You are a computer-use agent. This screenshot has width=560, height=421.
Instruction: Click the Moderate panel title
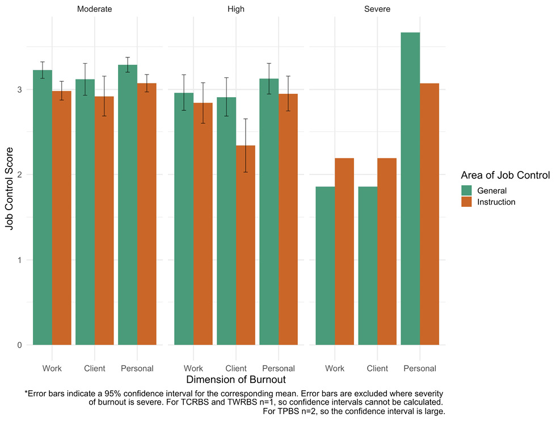click(95, 10)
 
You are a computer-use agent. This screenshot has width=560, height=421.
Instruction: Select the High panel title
click(235, 10)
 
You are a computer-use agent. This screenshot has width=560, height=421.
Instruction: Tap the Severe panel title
click(377, 10)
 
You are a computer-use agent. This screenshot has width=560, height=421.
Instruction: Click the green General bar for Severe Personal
click(410, 187)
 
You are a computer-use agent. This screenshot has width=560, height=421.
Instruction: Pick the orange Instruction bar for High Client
click(246, 244)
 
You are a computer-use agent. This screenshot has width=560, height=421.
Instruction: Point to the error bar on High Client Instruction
click(246, 145)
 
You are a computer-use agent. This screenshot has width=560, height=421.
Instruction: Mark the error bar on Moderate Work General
click(43, 70)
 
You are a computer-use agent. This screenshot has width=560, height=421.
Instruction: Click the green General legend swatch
click(467, 190)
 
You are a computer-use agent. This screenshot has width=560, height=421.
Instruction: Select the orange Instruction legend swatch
click(467, 202)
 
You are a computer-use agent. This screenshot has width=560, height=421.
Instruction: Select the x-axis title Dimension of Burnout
click(235, 379)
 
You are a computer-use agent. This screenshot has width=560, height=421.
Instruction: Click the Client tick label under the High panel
click(235, 368)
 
